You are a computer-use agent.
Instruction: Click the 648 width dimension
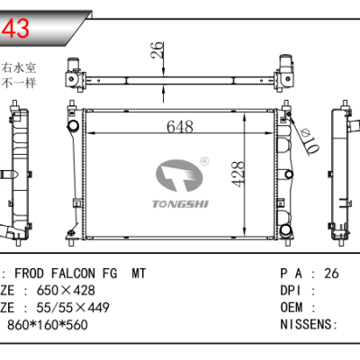point(179,129)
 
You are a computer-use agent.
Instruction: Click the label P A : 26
point(309,274)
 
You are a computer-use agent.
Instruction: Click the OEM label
point(295,308)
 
